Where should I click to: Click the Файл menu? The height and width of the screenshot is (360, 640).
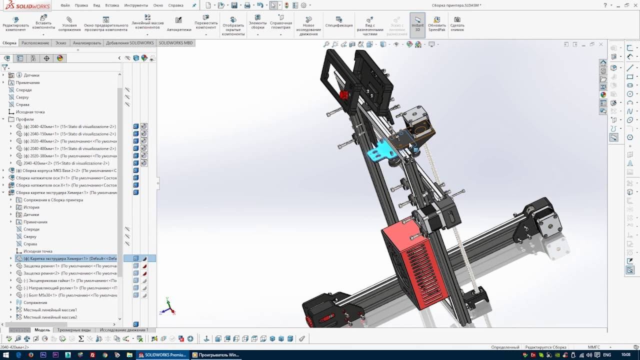[x=65, y=5]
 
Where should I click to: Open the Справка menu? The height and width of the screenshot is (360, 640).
[x=175, y=5]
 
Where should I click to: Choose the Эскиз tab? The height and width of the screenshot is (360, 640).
[x=60, y=43]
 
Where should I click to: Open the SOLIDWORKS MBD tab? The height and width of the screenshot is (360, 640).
[x=175, y=43]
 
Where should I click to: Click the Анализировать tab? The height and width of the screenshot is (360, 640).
[x=87, y=43]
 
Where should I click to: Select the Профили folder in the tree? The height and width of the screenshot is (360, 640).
[x=24, y=119]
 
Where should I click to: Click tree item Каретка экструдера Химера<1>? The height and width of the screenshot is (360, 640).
[x=70, y=258]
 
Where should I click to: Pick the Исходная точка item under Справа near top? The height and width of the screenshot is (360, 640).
[x=30, y=112]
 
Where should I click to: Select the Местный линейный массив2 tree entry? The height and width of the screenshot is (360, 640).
[x=50, y=317]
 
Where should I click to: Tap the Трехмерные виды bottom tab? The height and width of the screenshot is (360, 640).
[x=74, y=330]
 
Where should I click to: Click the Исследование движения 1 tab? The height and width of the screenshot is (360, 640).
[x=124, y=330]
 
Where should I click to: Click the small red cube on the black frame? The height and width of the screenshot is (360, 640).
[x=344, y=95]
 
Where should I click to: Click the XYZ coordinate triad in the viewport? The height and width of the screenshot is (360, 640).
[x=167, y=307]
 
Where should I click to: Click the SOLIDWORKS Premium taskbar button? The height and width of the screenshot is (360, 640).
[x=162, y=355]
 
